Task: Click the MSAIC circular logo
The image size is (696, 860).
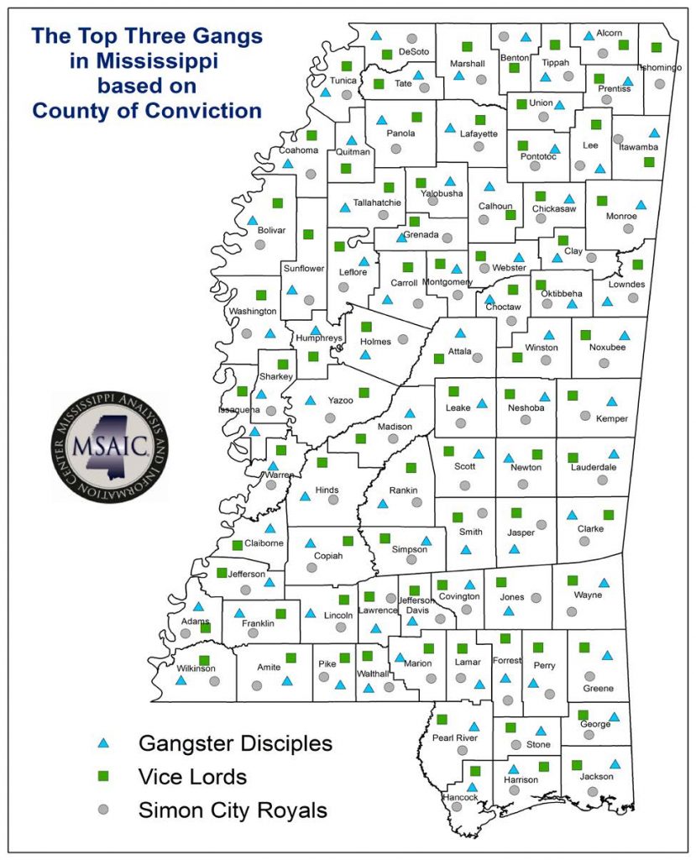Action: point(109,448)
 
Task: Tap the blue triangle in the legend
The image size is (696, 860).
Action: point(103,742)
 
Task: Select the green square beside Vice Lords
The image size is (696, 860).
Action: point(103,776)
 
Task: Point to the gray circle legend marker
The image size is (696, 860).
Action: point(103,810)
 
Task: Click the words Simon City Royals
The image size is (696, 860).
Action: point(232,810)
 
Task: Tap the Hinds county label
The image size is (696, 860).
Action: point(326,488)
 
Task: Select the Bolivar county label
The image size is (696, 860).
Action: point(272,229)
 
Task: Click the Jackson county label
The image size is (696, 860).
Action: point(597,777)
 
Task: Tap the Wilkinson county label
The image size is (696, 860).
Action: point(196,669)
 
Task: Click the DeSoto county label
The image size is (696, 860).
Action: point(413,52)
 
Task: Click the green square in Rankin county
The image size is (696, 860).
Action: point(411,467)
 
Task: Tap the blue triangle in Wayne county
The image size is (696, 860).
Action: point(603,582)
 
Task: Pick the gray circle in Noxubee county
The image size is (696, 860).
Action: point(603,363)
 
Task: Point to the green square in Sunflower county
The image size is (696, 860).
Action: point(308,234)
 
